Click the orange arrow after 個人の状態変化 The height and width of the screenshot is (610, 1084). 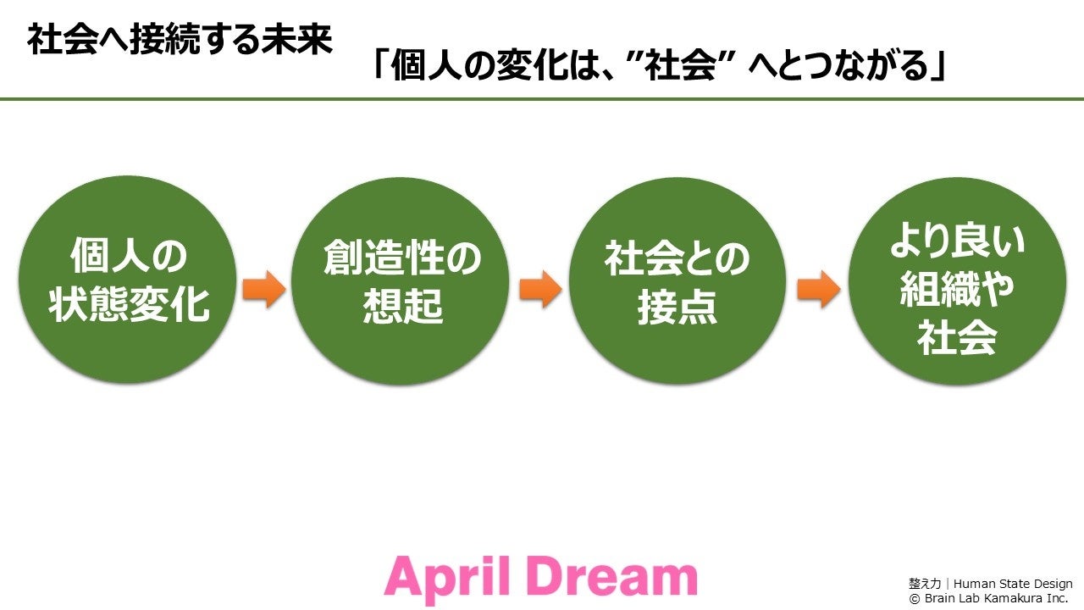point(263,290)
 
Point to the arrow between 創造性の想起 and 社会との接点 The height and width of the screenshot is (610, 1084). point(539,290)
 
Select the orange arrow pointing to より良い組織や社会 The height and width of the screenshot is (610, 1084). point(818,290)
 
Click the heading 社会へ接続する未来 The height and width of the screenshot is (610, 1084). point(180,40)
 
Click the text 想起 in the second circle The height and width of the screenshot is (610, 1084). point(402,308)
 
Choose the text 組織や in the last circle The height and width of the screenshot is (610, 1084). point(957,291)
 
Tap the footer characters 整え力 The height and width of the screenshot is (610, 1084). point(925,584)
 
